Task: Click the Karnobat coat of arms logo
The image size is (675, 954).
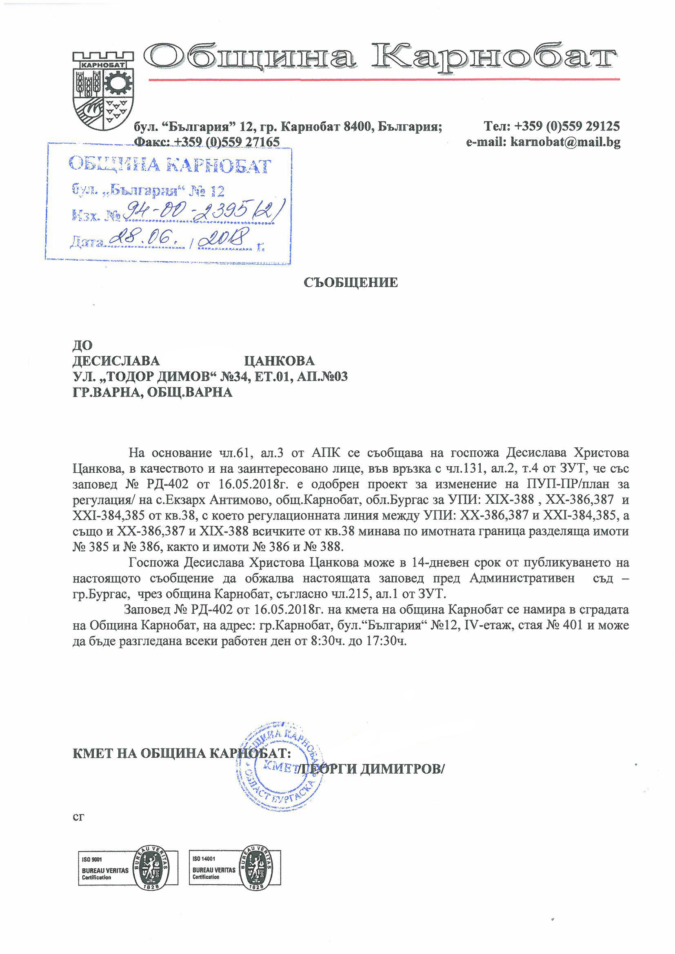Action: tap(103, 90)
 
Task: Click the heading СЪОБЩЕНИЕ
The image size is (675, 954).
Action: tap(351, 283)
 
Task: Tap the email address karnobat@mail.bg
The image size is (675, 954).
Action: tap(565, 142)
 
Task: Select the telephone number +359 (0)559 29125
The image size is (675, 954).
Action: tap(566, 126)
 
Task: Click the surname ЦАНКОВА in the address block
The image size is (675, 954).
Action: tap(279, 361)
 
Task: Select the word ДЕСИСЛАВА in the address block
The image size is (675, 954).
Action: tap(116, 361)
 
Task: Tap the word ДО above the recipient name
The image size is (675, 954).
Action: tap(82, 345)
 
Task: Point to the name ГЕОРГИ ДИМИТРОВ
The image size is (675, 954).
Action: tap(372, 769)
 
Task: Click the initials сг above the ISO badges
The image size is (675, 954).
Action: tap(78, 817)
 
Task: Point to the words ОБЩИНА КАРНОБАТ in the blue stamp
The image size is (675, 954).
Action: tap(170, 165)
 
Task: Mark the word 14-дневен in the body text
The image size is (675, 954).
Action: tap(440, 562)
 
